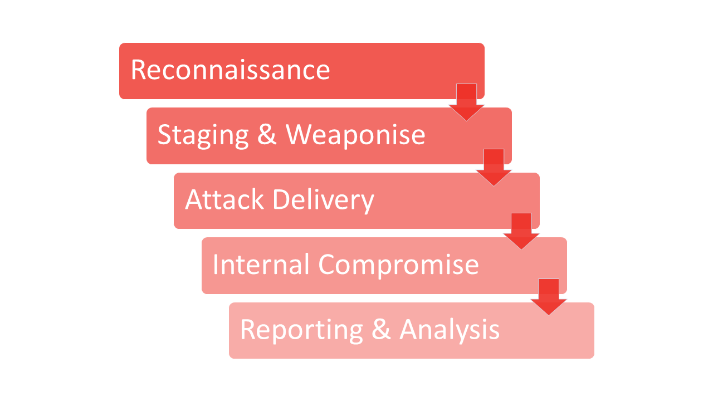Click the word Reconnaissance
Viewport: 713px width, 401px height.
click(x=230, y=70)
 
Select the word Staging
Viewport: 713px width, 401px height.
click(x=203, y=135)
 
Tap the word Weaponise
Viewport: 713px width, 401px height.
click(x=355, y=135)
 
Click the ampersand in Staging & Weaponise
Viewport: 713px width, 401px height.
click(x=267, y=135)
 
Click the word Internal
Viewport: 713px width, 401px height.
click(x=261, y=265)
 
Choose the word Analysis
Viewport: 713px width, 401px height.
click(x=450, y=330)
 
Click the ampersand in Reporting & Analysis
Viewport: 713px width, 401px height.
click(x=382, y=330)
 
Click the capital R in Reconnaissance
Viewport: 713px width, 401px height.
click(x=138, y=70)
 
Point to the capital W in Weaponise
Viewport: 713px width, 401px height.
click(x=300, y=135)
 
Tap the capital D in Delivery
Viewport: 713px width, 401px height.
click(x=281, y=199)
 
